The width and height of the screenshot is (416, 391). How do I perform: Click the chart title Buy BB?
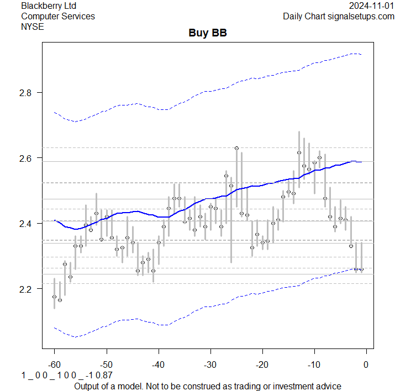tap(208, 33)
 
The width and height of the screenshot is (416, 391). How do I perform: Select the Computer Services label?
tap(58, 16)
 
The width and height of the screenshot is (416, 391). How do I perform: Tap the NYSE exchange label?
tap(33, 27)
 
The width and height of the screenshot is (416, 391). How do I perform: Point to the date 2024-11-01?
tap(372, 6)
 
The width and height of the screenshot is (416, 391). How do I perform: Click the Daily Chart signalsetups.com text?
tap(339, 16)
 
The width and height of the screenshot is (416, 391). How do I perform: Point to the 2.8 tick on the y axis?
tap(27, 93)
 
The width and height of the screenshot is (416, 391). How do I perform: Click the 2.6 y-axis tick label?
tap(27, 158)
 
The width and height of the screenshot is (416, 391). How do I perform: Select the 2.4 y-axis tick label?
tap(27, 224)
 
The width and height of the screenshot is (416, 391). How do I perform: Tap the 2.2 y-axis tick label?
tap(27, 289)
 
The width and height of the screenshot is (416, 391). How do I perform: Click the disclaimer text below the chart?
tap(208, 385)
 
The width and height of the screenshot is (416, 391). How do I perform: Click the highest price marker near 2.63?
tap(236, 148)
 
